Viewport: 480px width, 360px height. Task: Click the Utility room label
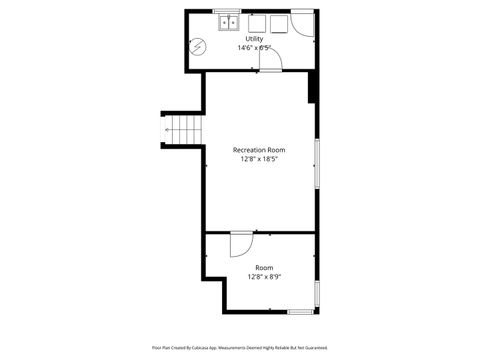pos(255,38)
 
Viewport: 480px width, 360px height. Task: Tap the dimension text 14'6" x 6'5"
pos(255,47)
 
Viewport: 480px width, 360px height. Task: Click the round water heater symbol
pos(198,46)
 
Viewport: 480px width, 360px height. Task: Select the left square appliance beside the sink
pos(256,23)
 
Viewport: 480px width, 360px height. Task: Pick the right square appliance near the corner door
pos(277,23)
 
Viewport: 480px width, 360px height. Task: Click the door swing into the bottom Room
pos(241,246)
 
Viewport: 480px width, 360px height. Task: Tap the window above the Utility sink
pos(228,11)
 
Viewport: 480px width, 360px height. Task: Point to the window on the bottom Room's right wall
pos(317,294)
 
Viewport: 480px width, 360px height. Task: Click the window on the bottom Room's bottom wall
pos(301,312)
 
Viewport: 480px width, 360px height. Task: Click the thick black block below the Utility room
pos(313,87)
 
